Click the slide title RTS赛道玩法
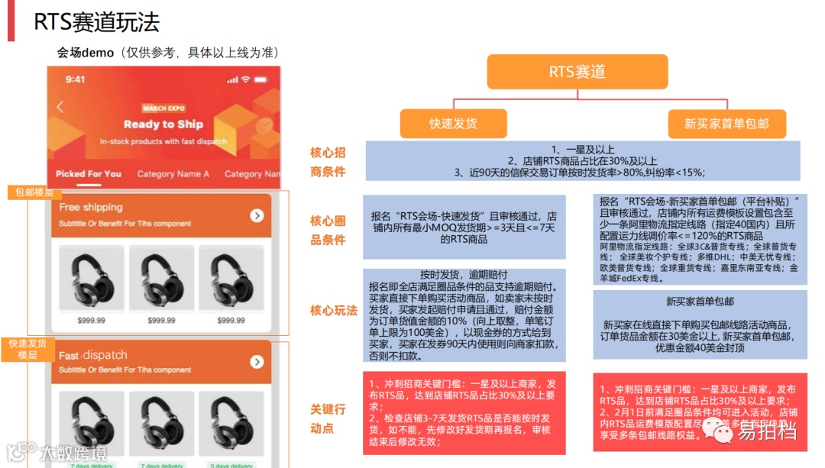96,22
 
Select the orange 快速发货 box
453,124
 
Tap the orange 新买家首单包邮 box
726,124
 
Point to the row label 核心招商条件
328,162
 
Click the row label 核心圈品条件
328,230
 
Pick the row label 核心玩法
333,311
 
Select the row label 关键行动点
328,418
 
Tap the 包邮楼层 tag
34,192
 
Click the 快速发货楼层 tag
27,350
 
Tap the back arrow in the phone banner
60,108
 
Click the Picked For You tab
89,174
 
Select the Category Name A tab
173,174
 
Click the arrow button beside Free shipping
257,215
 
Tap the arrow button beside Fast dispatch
257,362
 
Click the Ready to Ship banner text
163,124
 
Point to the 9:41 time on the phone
76,79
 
